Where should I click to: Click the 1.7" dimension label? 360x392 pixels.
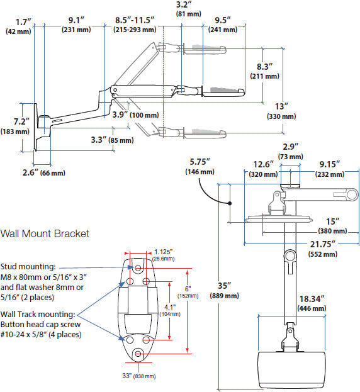click(18, 26)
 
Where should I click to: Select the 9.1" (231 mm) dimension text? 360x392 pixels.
click(76, 25)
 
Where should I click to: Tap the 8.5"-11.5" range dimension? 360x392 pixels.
click(135, 25)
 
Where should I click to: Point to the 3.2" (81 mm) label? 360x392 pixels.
click(189, 9)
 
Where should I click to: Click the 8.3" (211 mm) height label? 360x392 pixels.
click(265, 71)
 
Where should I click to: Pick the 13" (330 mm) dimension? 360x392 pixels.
click(281, 111)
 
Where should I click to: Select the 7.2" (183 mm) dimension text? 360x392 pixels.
click(15, 126)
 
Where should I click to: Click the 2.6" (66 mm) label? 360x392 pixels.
click(44, 172)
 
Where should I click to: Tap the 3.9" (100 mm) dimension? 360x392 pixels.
click(135, 115)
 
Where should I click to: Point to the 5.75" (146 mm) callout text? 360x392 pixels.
click(200, 167)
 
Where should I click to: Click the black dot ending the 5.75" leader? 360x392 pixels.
click(230, 203)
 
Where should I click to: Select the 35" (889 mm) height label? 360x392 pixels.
click(225, 291)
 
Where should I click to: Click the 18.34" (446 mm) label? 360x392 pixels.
click(312, 303)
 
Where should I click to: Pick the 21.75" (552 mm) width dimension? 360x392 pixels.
click(323, 249)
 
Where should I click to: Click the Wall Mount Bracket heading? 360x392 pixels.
click(45, 233)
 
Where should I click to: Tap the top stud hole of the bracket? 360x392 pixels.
click(138, 268)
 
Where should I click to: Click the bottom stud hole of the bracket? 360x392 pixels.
click(138, 354)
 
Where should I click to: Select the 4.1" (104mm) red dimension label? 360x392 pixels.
click(170, 310)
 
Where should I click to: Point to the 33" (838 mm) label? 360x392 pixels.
click(139, 376)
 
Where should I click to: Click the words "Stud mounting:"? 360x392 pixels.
click(28, 267)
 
